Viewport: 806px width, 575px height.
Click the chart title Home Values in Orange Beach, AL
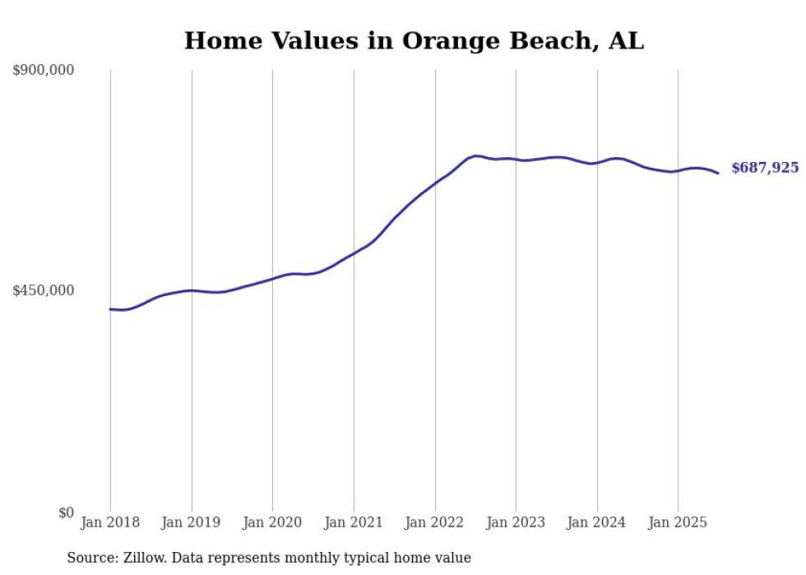414,40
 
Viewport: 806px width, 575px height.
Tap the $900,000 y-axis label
44,71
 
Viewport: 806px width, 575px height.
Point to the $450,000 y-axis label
44,290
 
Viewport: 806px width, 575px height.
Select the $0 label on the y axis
66,512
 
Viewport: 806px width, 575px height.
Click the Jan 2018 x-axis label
110,522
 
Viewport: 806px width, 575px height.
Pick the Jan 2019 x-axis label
192,522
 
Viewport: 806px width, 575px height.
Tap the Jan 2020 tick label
272,522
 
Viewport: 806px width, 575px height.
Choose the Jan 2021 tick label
354,522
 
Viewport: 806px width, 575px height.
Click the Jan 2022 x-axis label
435,522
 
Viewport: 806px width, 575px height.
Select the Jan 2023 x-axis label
516,522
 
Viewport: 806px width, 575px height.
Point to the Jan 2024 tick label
597,522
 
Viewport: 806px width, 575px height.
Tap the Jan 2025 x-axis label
678,522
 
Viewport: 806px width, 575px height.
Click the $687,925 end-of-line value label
765,168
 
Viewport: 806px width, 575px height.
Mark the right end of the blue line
718,173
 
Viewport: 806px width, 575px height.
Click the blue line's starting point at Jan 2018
110,309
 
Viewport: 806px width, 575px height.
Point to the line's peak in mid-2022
475,155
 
